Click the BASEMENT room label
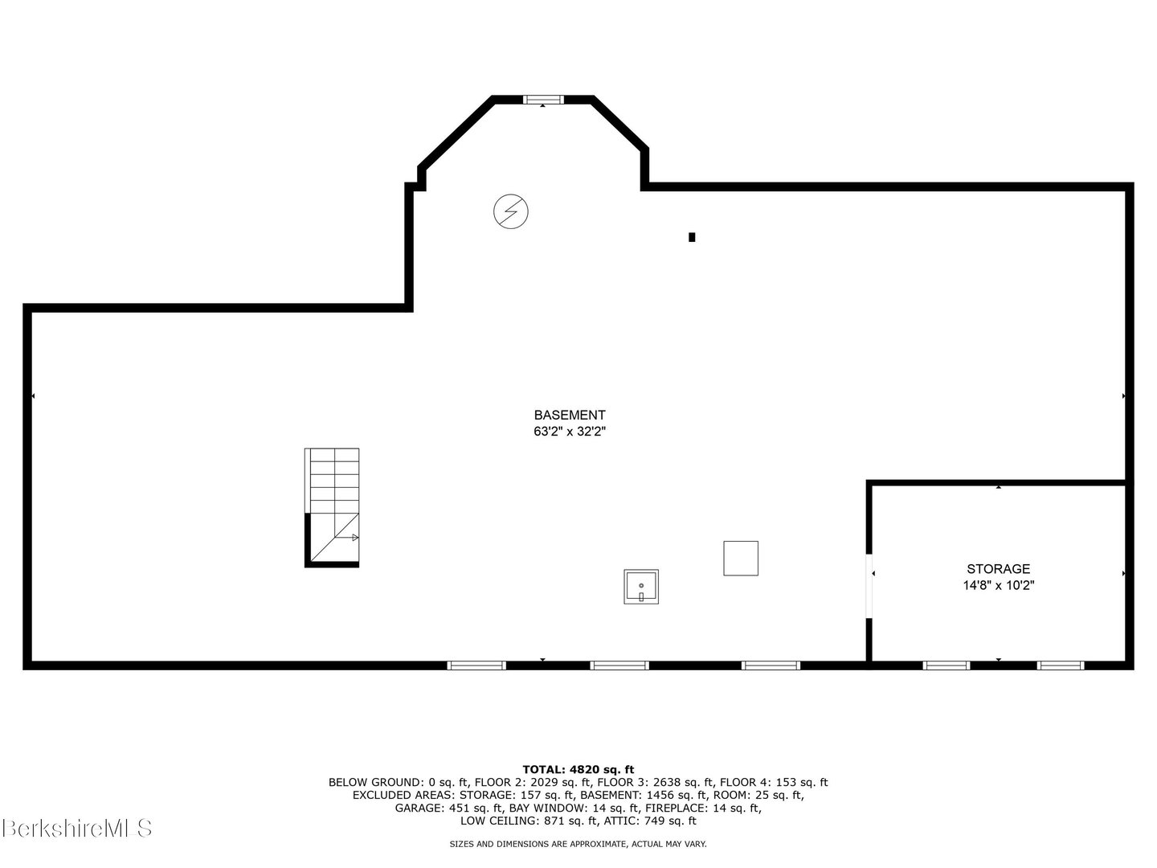tap(570, 416)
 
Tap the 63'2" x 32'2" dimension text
tap(570, 432)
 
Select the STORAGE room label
tap(998, 569)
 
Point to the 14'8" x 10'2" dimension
tap(998, 586)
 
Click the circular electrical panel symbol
tap(511, 212)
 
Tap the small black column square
tap(692, 237)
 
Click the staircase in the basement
tap(332, 507)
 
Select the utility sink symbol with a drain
tap(641, 587)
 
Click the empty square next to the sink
tap(741, 559)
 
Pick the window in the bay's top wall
tap(543, 100)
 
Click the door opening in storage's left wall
tap(869, 586)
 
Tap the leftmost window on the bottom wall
tap(476, 665)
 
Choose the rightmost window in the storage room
tap(1061, 665)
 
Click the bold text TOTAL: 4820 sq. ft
tap(578, 769)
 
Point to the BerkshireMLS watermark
tap(77, 828)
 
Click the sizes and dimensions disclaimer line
tap(578, 844)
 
